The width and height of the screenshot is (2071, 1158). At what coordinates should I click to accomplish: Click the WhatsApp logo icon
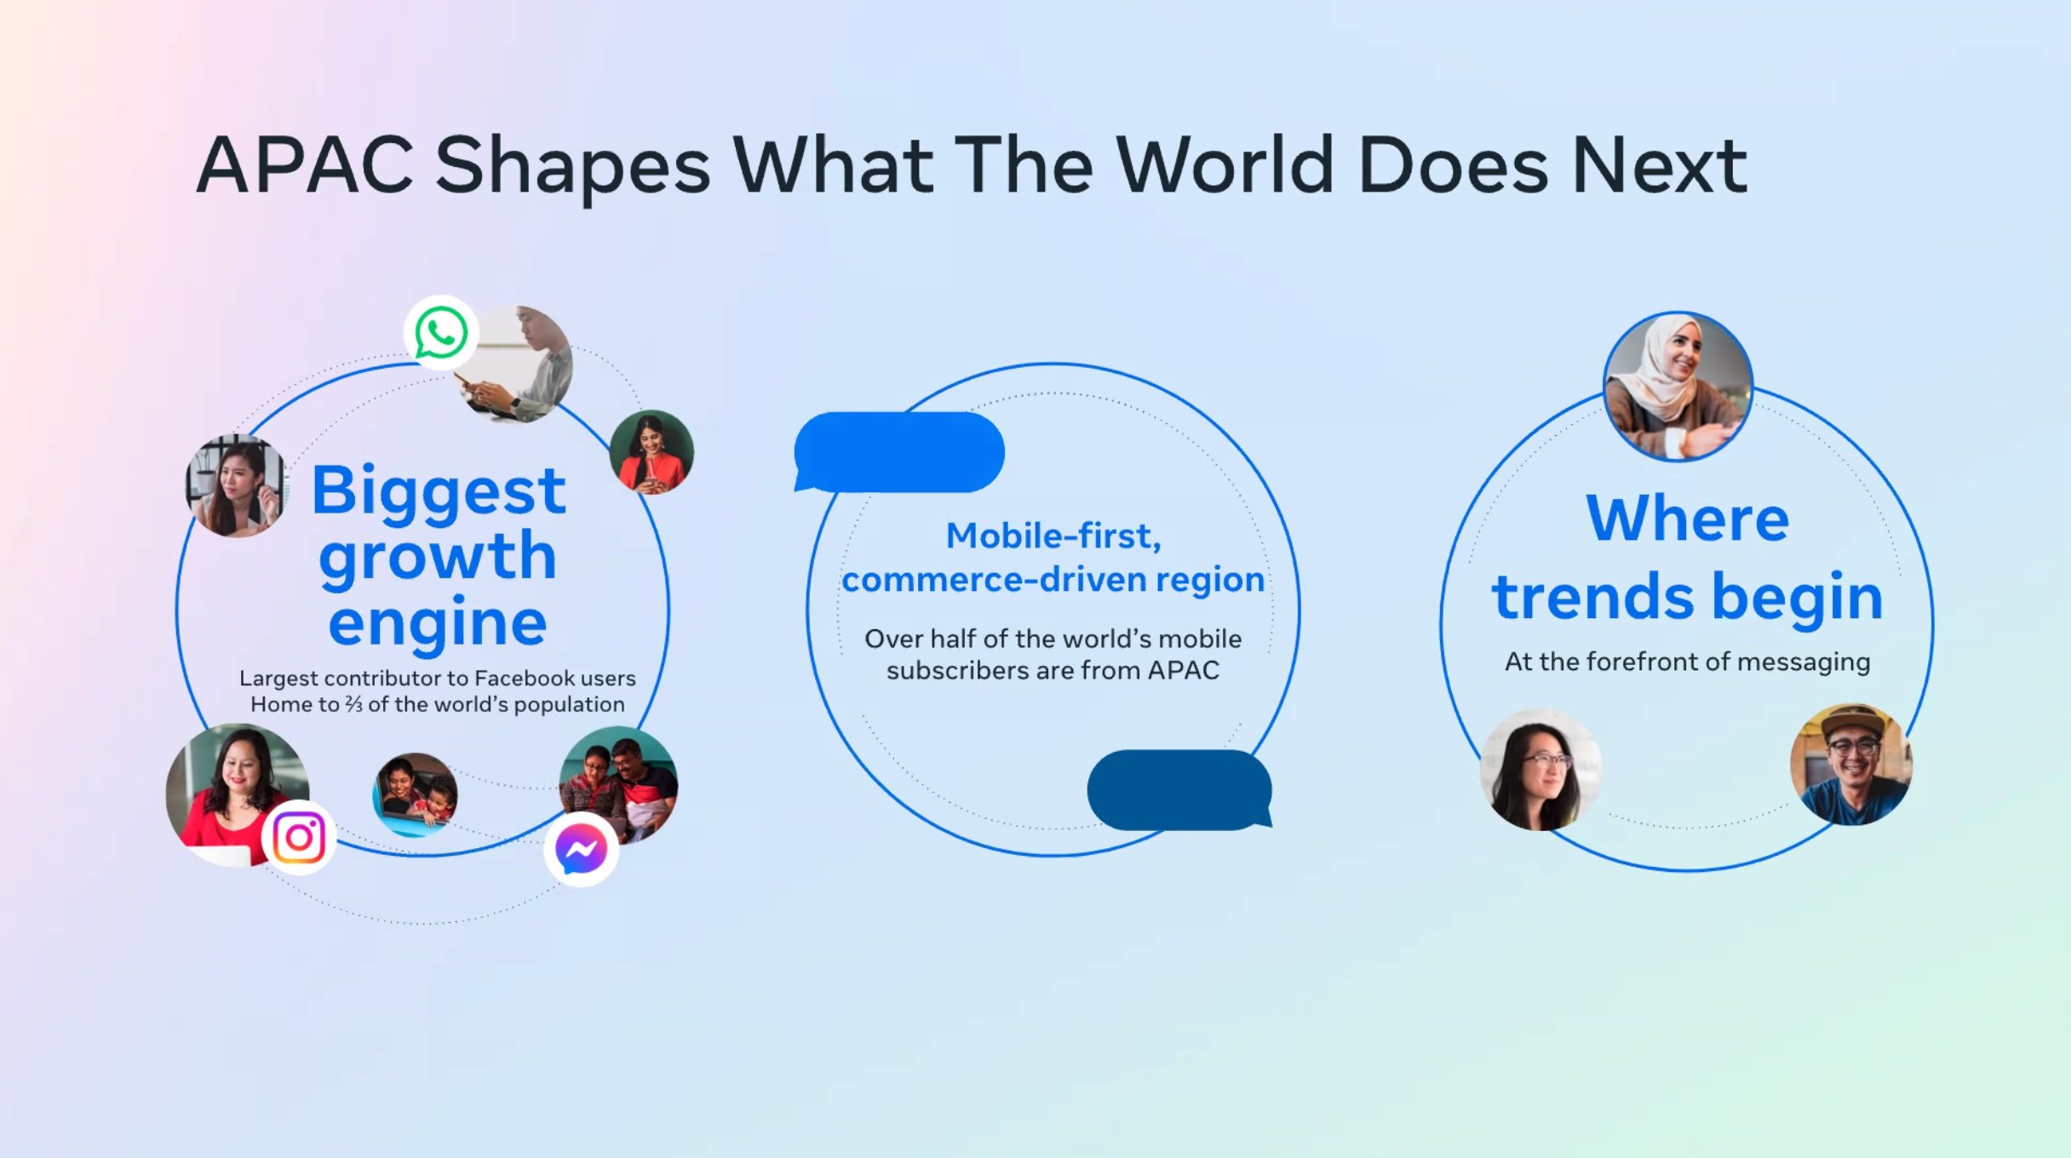coord(440,333)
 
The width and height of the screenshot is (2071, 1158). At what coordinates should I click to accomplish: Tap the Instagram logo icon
coord(299,837)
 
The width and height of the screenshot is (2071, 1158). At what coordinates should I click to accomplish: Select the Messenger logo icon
coord(582,849)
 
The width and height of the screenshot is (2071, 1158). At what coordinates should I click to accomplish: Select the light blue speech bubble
coord(899,452)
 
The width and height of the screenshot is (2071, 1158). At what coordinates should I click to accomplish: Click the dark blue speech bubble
coord(1180,790)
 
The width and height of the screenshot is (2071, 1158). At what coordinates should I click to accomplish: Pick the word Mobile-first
coord(1053,536)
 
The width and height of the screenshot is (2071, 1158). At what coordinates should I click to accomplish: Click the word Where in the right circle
coord(1687,519)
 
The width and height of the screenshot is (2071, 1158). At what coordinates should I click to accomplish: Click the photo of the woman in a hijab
coord(1678,387)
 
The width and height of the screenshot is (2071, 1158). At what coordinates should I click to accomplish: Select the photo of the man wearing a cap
coord(1851,765)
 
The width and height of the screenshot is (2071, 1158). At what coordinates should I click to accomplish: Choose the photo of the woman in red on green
coord(651,452)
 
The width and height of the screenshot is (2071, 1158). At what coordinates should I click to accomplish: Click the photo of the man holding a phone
coord(516,364)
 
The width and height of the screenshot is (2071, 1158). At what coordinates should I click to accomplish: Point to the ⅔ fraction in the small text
coord(353,705)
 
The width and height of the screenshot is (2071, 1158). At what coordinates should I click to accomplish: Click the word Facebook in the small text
coord(525,679)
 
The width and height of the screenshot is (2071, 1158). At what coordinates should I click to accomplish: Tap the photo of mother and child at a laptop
coord(416,794)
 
